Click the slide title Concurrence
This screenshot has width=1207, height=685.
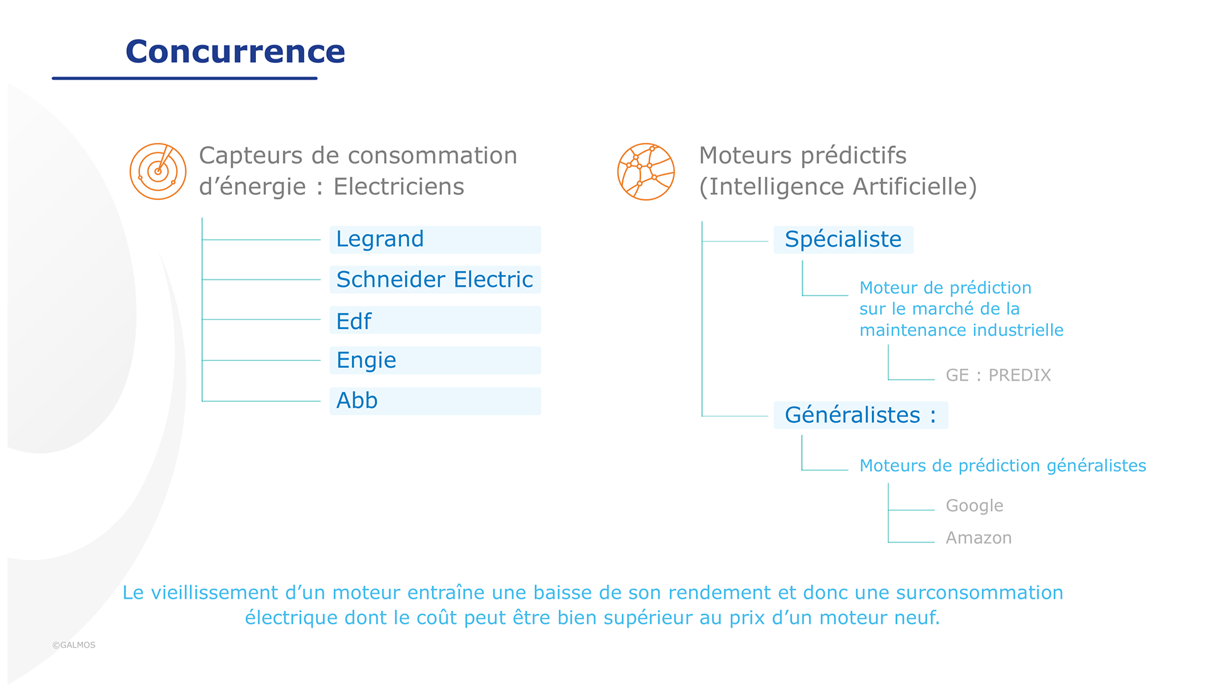(x=235, y=52)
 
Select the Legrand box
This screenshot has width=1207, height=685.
(x=435, y=240)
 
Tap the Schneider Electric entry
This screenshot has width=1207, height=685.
(x=435, y=279)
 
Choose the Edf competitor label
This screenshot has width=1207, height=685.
(x=435, y=320)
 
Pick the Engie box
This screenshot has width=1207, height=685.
(x=435, y=360)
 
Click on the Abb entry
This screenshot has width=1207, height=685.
(x=435, y=401)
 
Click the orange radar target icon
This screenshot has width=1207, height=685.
(x=158, y=171)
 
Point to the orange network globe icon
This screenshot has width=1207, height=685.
(x=646, y=171)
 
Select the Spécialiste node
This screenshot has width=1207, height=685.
(x=844, y=240)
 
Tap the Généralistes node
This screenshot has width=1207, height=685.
(x=861, y=415)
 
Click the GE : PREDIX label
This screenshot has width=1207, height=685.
(x=998, y=376)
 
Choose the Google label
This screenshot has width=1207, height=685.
(x=974, y=506)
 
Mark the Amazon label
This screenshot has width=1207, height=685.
(x=979, y=538)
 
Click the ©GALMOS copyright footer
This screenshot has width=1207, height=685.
(x=74, y=645)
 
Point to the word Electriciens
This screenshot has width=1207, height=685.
(x=399, y=187)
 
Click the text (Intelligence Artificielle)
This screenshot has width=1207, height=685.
(x=838, y=187)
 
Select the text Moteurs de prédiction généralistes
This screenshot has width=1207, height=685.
(x=1003, y=466)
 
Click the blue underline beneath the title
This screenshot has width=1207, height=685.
(x=184, y=78)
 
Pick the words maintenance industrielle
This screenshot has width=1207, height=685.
(x=961, y=330)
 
